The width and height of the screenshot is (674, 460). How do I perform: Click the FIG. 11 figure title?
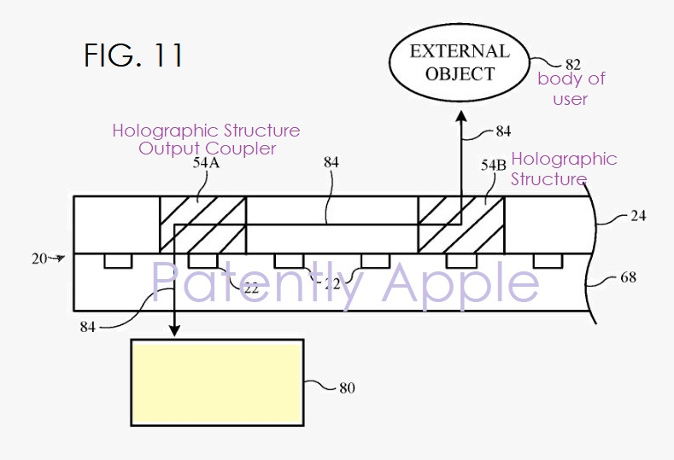[133, 55]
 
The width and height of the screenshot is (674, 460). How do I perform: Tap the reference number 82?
[573, 64]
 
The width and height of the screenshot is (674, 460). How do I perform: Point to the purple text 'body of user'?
[571, 89]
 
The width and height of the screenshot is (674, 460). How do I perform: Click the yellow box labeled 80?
[218, 382]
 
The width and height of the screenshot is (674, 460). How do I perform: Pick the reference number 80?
[347, 388]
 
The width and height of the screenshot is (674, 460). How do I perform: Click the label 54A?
[207, 163]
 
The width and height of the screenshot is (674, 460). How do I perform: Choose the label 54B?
[494, 165]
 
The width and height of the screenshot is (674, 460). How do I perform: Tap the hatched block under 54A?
[203, 224]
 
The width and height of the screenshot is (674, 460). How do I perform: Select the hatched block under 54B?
[461, 224]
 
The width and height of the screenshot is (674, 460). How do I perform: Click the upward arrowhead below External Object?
[461, 117]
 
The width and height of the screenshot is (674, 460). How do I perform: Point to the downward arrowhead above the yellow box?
[174, 330]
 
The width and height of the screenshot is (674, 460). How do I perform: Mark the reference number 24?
[638, 215]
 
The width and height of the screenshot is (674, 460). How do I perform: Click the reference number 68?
[628, 277]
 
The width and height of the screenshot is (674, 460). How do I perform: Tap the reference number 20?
[39, 259]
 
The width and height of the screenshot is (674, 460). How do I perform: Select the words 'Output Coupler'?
[207, 148]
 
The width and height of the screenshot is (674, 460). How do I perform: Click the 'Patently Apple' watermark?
[345, 282]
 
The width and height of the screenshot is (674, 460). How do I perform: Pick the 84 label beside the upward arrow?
[503, 131]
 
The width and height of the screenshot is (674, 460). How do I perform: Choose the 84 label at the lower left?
[87, 327]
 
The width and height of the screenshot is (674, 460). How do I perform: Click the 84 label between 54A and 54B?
[331, 162]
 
